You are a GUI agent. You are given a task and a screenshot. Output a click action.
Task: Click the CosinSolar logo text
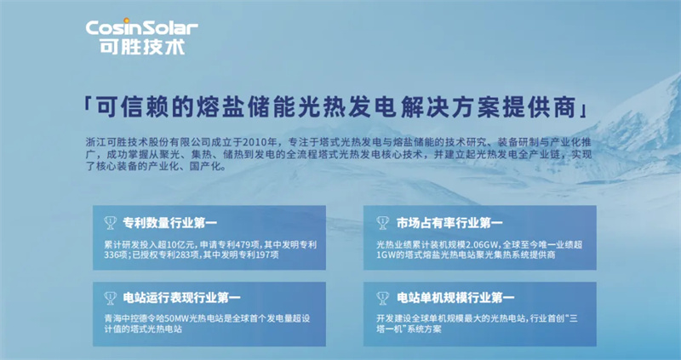click(141, 28)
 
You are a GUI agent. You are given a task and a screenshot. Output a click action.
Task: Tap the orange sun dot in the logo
click(126, 20)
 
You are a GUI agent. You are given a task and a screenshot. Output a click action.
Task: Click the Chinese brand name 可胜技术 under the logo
click(142, 47)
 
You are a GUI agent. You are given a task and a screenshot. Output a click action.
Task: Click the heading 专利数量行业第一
click(169, 223)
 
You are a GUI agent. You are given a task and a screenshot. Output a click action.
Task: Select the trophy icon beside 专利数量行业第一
click(111, 223)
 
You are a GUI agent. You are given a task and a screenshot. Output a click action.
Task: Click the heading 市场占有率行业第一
click(449, 223)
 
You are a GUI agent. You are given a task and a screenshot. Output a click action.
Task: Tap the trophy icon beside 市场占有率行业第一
click(382, 223)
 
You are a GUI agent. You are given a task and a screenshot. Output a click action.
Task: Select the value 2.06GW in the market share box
click(484, 244)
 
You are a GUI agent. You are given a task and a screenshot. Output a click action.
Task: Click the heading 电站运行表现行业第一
click(181, 298)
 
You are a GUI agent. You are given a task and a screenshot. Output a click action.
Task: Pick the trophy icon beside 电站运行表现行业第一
click(111, 298)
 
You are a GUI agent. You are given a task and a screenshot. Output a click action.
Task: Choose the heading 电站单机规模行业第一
click(455, 298)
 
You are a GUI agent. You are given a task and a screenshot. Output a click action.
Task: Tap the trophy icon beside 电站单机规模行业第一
click(382, 298)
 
